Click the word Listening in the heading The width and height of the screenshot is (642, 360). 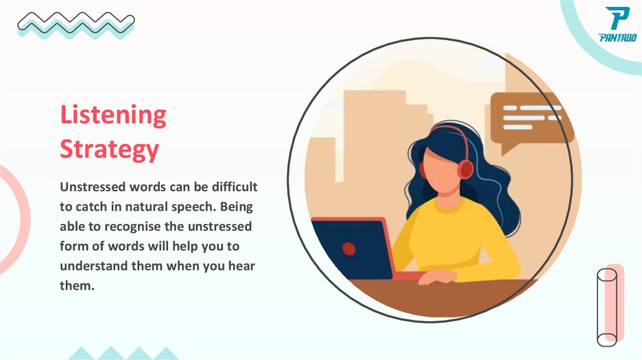coord(113,116)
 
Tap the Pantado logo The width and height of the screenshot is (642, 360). coord(617,25)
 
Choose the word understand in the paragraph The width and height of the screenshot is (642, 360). coord(94,265)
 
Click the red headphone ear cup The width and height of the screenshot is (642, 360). coord(466,168)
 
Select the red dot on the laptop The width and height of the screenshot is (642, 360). coord(349,248)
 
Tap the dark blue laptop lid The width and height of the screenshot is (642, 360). coord(351,248)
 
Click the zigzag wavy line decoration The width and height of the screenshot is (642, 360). coord(75,24)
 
